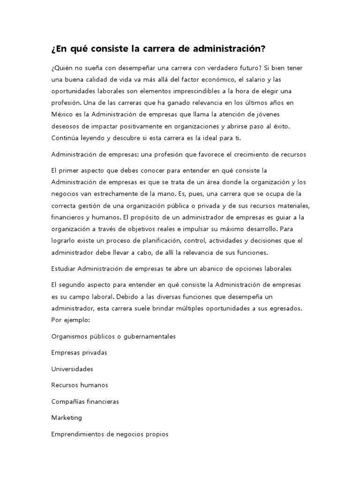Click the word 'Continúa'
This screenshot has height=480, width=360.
65,137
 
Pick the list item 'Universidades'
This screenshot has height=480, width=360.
72,369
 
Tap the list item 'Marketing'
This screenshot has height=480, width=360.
67,417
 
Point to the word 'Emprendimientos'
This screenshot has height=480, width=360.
78,434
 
